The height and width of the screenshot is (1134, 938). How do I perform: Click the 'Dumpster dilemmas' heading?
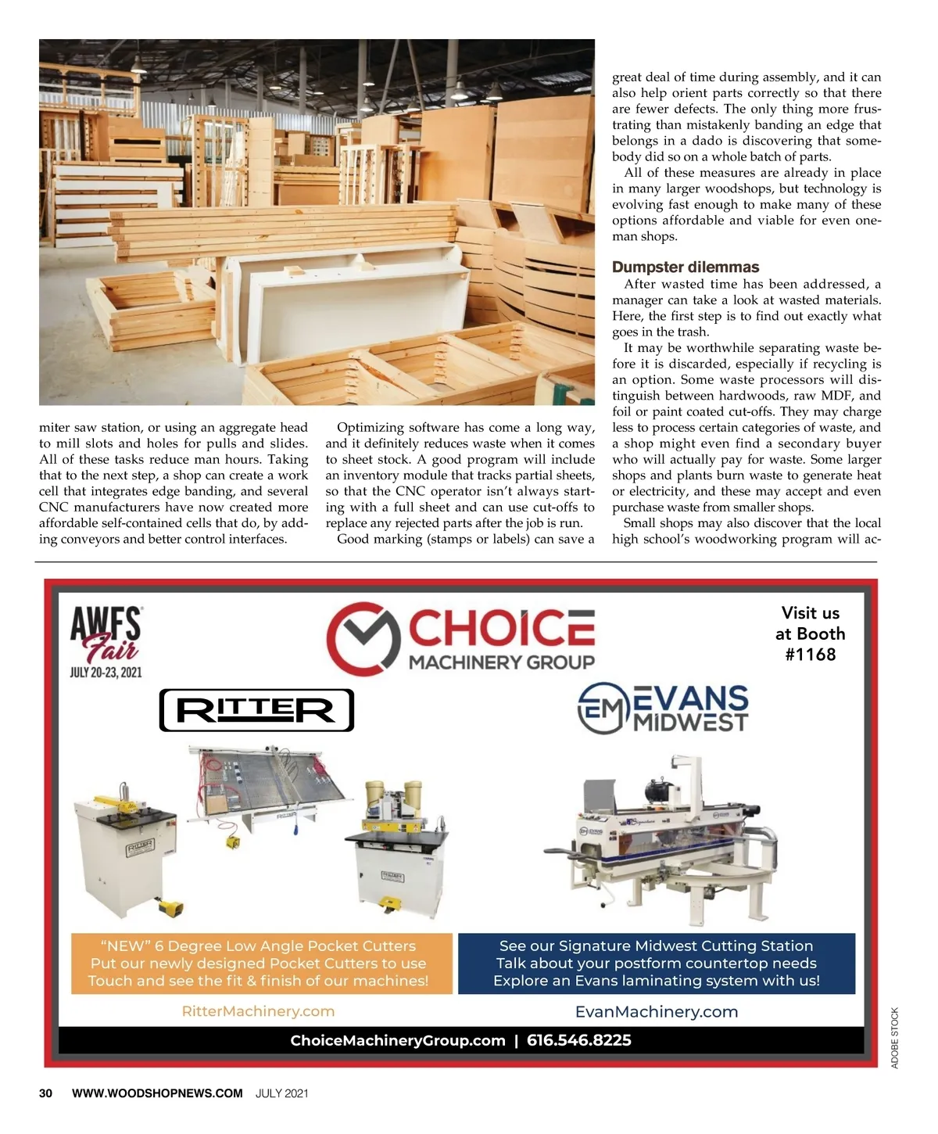(x=686, y=267)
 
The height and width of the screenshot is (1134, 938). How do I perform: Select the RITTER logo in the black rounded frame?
(x=256, y=710)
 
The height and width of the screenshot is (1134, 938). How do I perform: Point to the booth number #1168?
(x=811, y=655)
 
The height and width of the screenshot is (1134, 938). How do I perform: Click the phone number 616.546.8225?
(x=578, y=1040)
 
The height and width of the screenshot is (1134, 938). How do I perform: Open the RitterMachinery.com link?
(x=258, y=1011)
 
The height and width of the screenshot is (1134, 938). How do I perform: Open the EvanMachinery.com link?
(x=657, y=1011)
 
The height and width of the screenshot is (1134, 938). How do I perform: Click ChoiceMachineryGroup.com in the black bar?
(x=398, y=1040)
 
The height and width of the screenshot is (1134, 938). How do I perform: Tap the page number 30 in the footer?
(x=46, y=1093)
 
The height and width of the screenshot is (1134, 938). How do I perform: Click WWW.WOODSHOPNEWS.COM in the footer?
(x=157, y=1093)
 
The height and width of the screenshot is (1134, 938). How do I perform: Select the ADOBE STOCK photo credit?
(x=895, y=1038)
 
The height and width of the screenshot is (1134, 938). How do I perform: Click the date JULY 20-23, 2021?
(x=106, y=672)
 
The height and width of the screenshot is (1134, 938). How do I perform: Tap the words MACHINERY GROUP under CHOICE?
(x=502, y=662)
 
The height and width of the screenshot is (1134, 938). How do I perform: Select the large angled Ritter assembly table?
(x=270, y=786)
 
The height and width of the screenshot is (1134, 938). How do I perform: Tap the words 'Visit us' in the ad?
(x=811, y=613)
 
